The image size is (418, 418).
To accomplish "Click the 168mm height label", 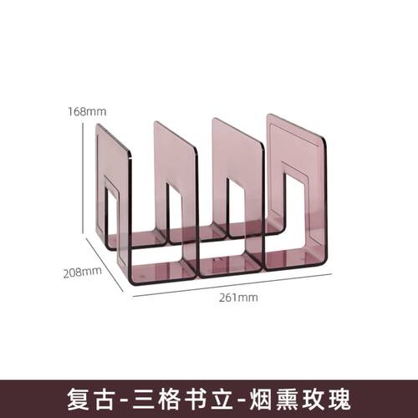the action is pos(87,111).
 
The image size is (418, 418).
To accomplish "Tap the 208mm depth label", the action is pos(83,272).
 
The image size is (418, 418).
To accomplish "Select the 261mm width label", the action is pos(238,298).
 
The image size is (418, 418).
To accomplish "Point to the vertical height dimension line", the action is pos(83,178).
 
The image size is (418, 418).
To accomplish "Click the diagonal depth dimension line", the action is pos(104,265).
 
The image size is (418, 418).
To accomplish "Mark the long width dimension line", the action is pos(232,285).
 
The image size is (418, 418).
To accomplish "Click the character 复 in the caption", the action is pos(79,400).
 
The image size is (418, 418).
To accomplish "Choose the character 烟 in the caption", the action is pos(261,400).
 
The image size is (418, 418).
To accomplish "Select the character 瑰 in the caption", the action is pos(339,400).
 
